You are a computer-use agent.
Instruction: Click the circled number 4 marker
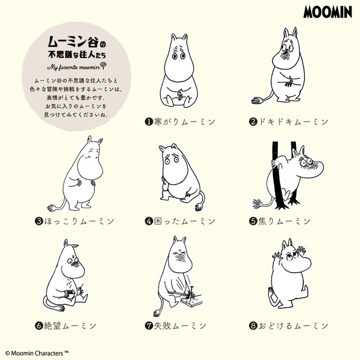pyautogui.click(x=149, y=221)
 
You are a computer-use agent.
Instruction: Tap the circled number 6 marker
pyautogui.click(x=39, y=325)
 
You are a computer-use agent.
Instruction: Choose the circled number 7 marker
pyautogui.click(x=149, y=325)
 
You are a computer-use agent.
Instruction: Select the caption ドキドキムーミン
pyautogui.click(x=293, y=121)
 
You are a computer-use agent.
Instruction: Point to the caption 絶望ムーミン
pyautogui.click(x=72, y=325)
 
